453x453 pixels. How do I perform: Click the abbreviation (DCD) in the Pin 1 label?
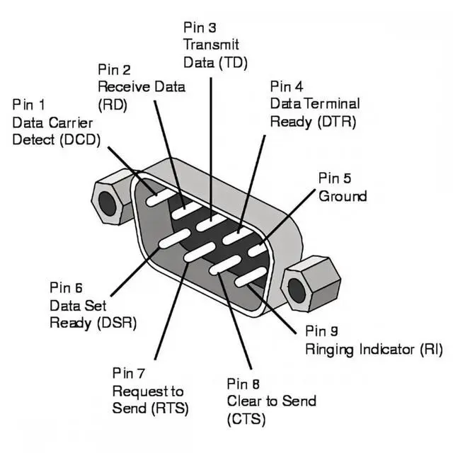pos(80,140)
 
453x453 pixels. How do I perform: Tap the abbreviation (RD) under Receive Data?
pos(113,105)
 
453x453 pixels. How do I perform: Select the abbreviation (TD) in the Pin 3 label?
pos(233,63)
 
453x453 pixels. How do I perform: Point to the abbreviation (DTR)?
pos(337,122)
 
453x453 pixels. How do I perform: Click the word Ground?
pos(343,196)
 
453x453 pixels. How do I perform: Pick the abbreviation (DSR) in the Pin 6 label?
pos(117,323)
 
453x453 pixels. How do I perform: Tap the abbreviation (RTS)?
pos(170,408)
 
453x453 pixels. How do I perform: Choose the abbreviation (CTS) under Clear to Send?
pos(246,419)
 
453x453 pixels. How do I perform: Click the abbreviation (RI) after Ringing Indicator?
pos(431,349)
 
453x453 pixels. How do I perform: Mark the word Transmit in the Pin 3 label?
pos(211,45)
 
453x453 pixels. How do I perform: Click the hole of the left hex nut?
pos(107,204)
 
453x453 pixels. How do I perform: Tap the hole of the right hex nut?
pos(297,291)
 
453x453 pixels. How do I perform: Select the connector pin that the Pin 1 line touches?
pos(161,196)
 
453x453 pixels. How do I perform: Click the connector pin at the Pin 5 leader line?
pos(257,249)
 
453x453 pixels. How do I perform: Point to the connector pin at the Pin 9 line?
pos(250,277)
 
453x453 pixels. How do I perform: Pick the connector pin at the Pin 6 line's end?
pos(175,239)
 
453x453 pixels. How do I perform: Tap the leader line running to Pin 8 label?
pos(235,321)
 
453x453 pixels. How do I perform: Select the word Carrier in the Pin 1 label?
pos(71,122)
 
